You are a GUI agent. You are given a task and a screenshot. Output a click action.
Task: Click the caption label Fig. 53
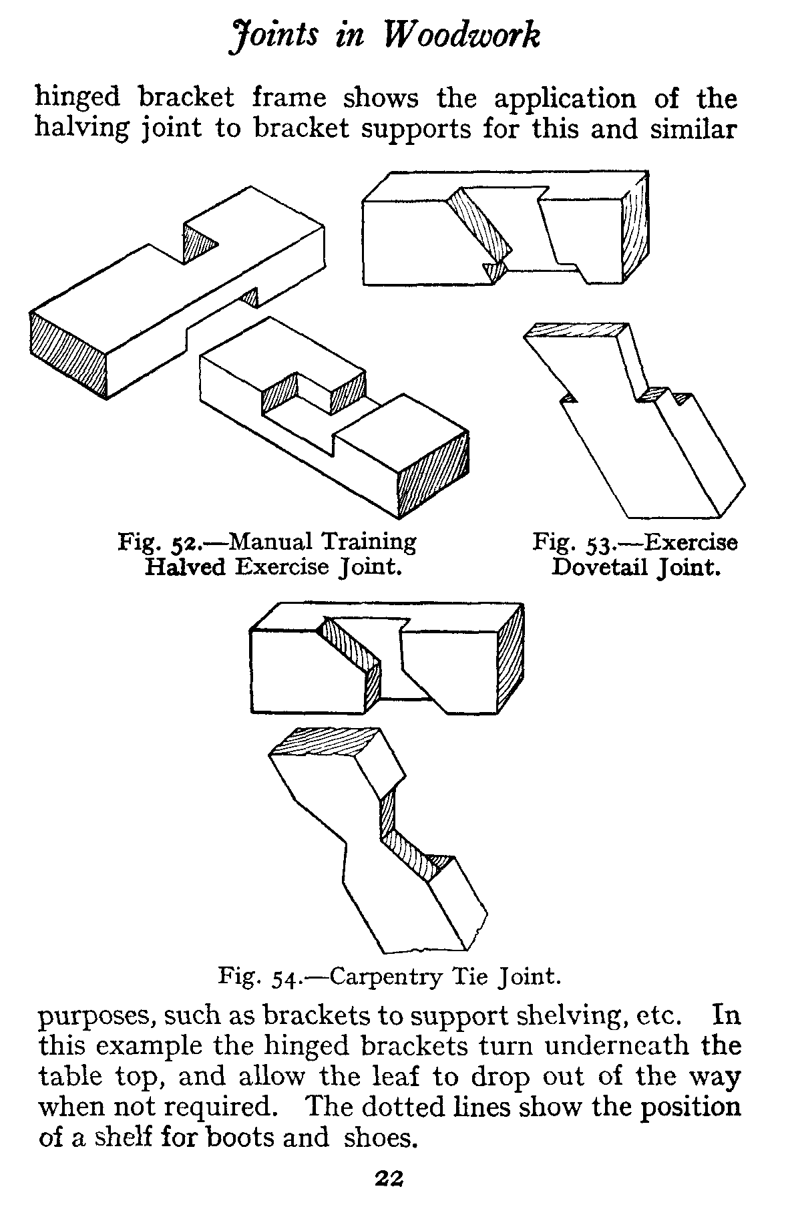point(568,541)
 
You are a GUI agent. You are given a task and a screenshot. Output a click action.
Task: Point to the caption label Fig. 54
point(258,977)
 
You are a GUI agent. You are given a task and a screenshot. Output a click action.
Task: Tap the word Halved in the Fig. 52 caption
point(186,567)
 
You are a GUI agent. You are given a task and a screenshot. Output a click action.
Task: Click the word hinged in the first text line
point(77,98)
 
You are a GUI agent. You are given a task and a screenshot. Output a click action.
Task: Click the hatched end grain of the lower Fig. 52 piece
point(433,476)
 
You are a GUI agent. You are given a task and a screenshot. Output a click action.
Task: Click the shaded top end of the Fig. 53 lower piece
point(576,331)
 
